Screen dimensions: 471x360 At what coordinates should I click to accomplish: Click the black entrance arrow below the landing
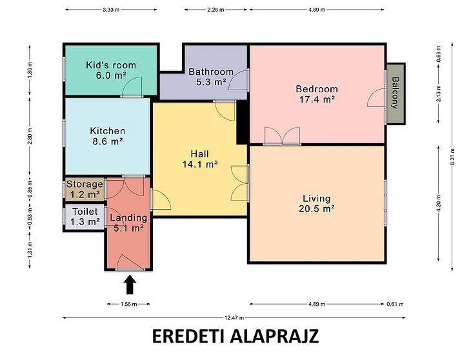(x=130, y=285)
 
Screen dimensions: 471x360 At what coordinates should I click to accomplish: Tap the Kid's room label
(x=111, y=70)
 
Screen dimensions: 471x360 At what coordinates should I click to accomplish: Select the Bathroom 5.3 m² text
(x=211, y=77)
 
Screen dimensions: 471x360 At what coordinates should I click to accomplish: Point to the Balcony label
(x=396, y=93)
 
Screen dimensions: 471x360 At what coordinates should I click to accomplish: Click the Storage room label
(x=85, y=189)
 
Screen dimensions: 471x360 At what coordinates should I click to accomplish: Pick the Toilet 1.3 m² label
(x=85, y=217)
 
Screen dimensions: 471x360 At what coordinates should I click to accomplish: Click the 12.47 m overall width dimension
(x=234, y=317)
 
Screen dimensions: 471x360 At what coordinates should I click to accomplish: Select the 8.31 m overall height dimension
(x=452, y=157)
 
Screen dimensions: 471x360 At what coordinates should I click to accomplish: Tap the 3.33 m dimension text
(x=111, y=10)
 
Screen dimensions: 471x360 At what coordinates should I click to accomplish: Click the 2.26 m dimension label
(x=215, y=10)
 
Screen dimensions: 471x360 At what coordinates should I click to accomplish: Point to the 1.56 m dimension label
(x=128, y=304)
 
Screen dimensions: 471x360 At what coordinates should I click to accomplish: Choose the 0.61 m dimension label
(x=395, y=304)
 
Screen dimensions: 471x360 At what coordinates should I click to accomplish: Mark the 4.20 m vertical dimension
(x=439, y=203)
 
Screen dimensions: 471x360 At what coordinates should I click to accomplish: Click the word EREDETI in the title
(x=188, y=336)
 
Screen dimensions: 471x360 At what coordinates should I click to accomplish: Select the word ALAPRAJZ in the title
(x=274, y=336)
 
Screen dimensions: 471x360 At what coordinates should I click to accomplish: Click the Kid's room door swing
(x=132, y=86)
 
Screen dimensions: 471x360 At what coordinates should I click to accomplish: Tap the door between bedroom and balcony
(x=376, y=98)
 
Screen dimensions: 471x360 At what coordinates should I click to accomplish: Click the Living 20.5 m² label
(x=317, y=203)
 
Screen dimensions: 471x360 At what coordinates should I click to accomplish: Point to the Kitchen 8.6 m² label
(x=108, y=135)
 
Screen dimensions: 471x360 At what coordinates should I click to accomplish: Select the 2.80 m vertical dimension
(x=30, y=136)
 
